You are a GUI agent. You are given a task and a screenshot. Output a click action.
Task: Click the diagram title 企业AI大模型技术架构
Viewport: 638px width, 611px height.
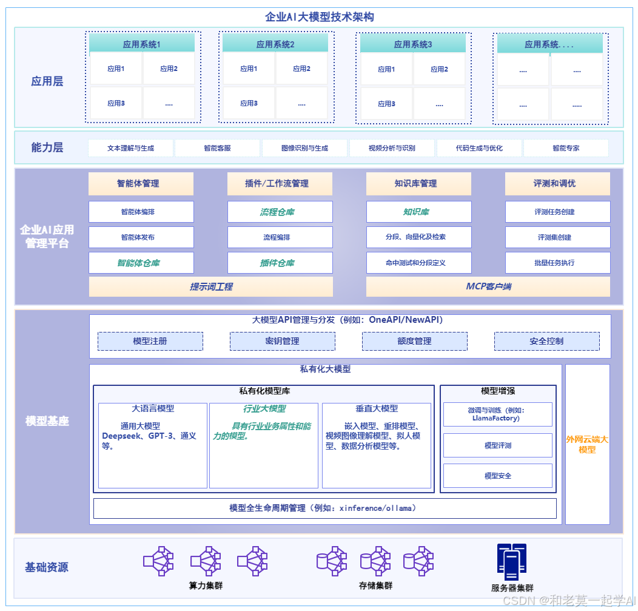click(x=319, y=16)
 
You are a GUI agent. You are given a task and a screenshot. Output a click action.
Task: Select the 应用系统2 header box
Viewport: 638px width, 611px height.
click(x=275, y=44)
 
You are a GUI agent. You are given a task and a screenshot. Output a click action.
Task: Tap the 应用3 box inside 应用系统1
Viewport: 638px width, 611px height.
click(x=116, y=103)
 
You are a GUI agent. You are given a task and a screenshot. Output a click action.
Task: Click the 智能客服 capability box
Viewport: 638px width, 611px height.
click(x=217, y=148)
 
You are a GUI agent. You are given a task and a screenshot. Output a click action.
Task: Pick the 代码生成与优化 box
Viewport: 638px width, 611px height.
click(x=479, y=148)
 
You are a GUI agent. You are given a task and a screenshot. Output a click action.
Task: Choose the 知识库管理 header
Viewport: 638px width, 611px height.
click(x=418, y=183)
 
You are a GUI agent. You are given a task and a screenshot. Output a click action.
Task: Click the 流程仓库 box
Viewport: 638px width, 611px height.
click(x=280, y=212)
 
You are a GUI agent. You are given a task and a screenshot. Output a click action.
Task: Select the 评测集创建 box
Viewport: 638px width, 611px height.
click(x=557, y=237)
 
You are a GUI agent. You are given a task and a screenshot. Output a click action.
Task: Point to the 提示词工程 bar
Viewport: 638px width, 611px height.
click(x=211, y=286)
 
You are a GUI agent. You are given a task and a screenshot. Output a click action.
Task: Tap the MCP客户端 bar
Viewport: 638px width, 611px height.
click(x=488, y=286)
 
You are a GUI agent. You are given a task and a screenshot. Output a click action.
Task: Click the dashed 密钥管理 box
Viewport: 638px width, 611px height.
click(x=282, y=341)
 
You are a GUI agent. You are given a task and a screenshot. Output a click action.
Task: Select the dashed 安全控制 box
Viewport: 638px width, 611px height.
click(x=546, y=341)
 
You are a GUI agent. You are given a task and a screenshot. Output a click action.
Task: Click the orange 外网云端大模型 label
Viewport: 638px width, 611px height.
click(x=587, y=444)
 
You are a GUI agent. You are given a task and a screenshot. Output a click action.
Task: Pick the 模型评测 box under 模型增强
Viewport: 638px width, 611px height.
click(x=498, y=445)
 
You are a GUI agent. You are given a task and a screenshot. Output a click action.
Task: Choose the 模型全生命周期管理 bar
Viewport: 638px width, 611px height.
click(x=324, y=508)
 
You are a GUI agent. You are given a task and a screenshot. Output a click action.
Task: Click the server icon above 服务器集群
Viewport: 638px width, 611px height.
click(x=512, y=562)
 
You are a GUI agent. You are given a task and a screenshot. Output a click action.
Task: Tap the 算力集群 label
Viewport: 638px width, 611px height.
click(x=206, y=586)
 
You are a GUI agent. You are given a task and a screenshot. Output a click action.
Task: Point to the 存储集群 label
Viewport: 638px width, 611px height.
click(x=375, y=586)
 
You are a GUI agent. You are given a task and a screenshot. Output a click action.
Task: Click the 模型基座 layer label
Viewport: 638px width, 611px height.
click(x=47, y=421)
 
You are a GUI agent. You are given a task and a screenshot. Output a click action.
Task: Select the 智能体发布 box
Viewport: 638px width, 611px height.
click(x=141, y=237)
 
